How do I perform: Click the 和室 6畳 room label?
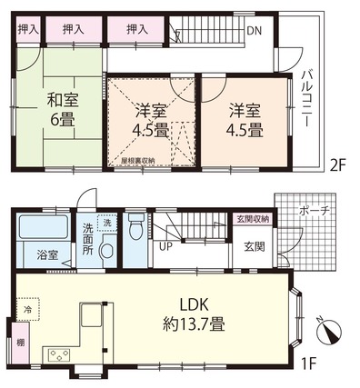[63, 110]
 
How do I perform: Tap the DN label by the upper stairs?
[254, 31]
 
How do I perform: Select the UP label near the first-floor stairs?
[165, 247]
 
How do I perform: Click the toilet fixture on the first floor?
[135, 227]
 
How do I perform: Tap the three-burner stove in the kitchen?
[59, 355]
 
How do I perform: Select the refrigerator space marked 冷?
[28, 309]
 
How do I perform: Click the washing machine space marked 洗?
[107, 224]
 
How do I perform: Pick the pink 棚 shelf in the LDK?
[21, 343]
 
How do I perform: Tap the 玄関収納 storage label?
[254, 219]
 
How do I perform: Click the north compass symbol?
[329, 331]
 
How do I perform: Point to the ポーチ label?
[314, 211]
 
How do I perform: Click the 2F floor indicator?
[337, 166]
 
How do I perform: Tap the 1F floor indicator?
[309, 362]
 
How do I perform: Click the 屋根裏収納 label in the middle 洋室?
[138, 161]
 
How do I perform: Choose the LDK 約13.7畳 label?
[194, 315]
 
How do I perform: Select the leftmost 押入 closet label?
[28, 29]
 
